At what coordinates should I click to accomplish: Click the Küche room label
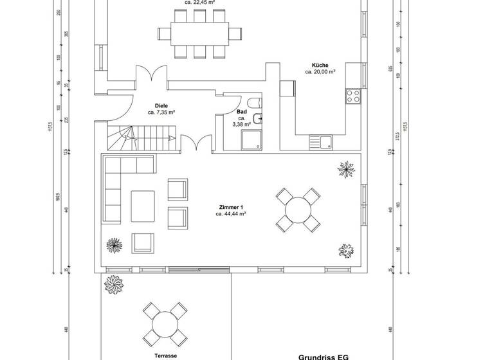(x=320, y=65)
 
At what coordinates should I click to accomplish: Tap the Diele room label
(x=161, y=105)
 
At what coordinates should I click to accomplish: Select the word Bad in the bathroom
(x=242, y=112)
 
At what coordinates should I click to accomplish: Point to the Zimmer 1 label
(x=231, y=207)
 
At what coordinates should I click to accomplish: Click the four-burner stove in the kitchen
(x=353, y=97)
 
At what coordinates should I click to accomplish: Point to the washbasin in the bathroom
(x=257, y=118)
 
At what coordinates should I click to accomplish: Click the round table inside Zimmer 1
(x=298, y=210)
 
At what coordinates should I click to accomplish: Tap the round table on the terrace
(x=165, y=325)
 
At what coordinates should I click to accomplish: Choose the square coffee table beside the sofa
(x=143, y=206)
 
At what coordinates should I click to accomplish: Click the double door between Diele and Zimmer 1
(x=197, y=144)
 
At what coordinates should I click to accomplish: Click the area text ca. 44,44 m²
(x=231, y=214)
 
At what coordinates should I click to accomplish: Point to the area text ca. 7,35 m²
(x=161, y=113)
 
